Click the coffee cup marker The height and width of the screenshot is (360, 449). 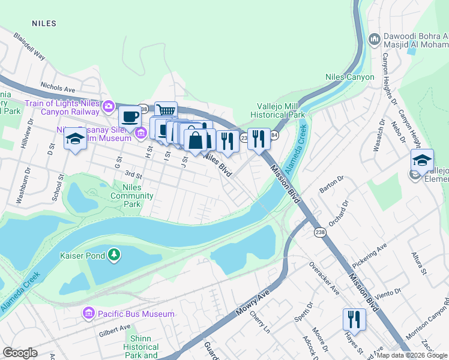click(129, 116)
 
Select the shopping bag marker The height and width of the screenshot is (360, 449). click(196, 141)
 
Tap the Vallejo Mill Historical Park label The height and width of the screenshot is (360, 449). click(277, 110)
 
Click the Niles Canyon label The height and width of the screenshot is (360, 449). click(349, 77)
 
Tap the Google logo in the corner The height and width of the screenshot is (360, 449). click(20, 353)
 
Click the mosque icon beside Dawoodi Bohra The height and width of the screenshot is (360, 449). click(374, 39)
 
